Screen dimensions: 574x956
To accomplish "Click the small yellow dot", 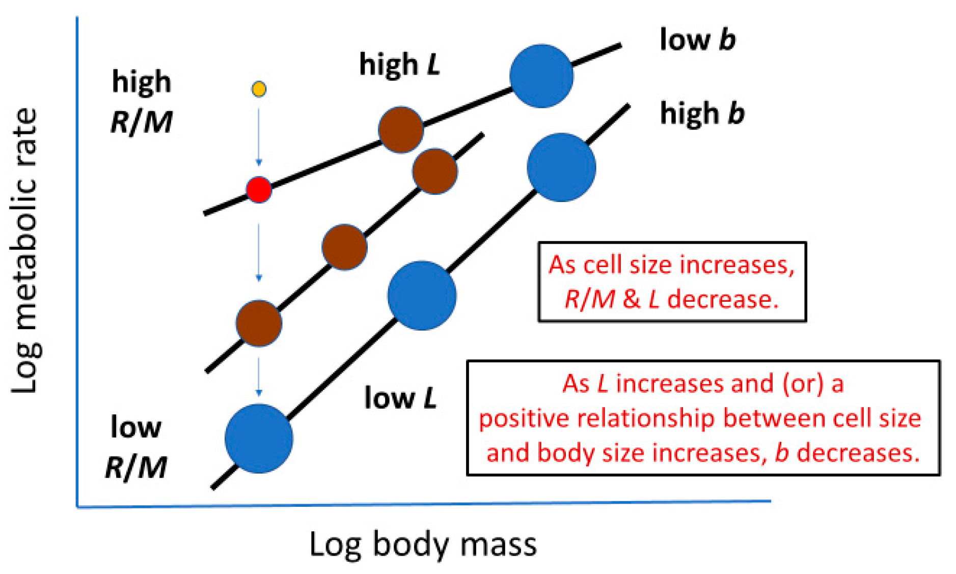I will pos(259,89).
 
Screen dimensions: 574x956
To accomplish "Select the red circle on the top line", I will pos(259,190).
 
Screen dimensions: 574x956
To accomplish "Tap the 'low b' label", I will pos(697,40).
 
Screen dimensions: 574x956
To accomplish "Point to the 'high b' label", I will pos(702,113).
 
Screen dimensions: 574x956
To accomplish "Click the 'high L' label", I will pos(399,65).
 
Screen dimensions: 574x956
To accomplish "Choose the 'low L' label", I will pos(400,398).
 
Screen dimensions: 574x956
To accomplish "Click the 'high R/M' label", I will pos(142,102).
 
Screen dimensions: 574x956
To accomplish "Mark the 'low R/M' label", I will pos(136,447).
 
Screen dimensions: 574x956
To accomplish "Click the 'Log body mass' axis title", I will pos(423,544).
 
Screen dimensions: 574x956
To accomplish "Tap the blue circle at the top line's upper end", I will pos(541,76).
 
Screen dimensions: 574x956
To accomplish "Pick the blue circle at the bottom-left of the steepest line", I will pos(259,439).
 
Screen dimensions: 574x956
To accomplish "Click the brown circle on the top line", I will pos(401,130).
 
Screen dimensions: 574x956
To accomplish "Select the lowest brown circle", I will pos(259,323).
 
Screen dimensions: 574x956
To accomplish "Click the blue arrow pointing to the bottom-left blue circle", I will pos(259,377).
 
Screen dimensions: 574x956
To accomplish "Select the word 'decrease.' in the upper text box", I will pos(723,299).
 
